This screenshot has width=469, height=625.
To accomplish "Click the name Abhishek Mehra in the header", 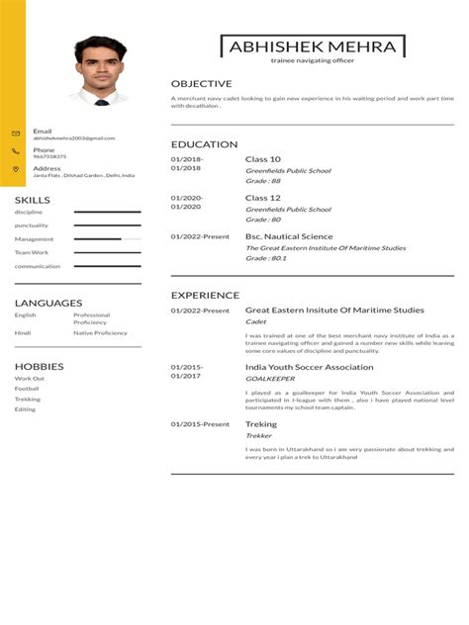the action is click(x=313, y=46).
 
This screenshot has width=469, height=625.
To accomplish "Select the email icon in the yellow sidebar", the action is click(x=16, y=134).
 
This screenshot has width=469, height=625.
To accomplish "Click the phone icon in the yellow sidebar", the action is click(x=16, y=151).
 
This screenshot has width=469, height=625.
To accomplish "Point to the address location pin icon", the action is click(x=16, y=169).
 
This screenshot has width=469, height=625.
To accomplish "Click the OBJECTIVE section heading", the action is click(x=201, y=84).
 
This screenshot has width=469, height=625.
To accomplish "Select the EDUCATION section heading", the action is click(x=204, y=144).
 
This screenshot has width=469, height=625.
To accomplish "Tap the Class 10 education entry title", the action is click(x=263, y=159).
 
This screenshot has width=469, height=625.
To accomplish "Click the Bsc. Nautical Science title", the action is click(x=289, y=236).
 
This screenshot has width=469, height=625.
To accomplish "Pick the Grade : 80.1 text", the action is click(x=266, y=258).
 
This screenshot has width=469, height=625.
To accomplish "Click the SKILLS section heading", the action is click(x=33, y=201).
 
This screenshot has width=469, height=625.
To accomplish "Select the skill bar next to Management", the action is click(x=107, y=239).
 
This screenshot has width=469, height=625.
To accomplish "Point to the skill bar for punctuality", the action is click(x=107, y=225).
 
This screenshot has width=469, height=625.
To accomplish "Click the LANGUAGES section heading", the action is click(x=48, y=303).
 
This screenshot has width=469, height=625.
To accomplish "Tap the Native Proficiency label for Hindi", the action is click(x=100, y=333).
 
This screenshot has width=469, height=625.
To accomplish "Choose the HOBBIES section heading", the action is click(x=40, y=366).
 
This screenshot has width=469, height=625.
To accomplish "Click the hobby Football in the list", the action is click(x=27, y=389).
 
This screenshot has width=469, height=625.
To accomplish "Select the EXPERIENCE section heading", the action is click(x=205, y=295).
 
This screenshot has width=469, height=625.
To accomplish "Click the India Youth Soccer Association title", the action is click(x=310, y=367).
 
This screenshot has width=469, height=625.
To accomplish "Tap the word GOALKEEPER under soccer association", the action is click(x=270, y=379).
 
